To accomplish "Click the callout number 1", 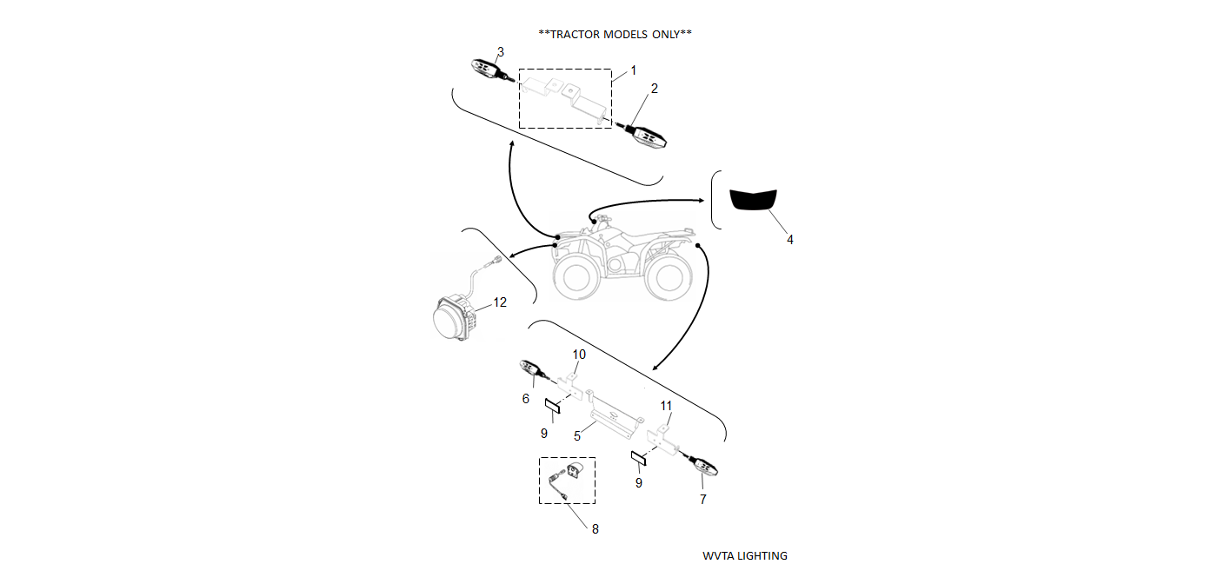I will pyautogui.click(x=634, y=70).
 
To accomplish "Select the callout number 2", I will pyautogui.click(x=655, y=88).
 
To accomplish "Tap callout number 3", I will pyautogui.click(x=500, y=51).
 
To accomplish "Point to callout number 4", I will pyautogui.click(x=789, y=239).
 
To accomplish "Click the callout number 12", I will pyautogui.click(x=500, y=302).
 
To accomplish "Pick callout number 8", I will pyautogui.click(x=595, y=528).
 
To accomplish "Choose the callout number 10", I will pyautogui.click(x=579, y=354).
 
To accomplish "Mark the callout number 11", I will pyautogui.click(x=666, y=406).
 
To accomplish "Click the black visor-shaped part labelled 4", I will pyautogui.click(x=754, y=200).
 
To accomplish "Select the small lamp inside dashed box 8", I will pyautogui.click(x=575, y=473).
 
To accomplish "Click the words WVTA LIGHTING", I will pyautogui.click(x=745, y=555).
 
